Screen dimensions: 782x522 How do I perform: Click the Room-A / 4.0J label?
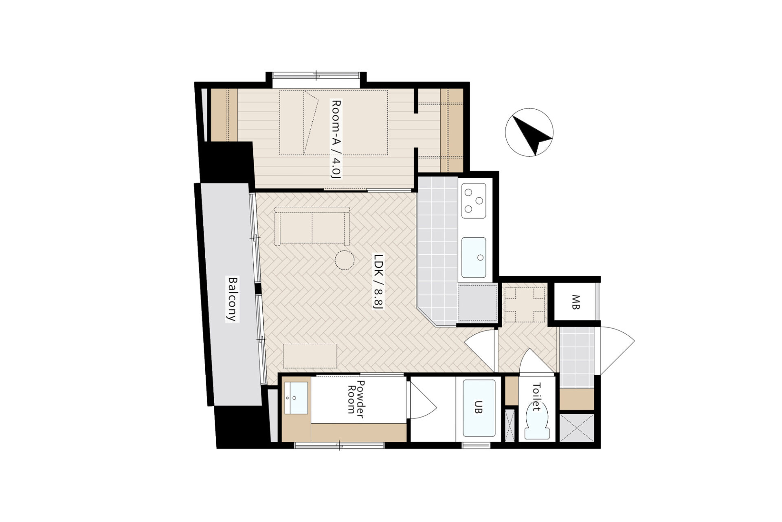pos(336,139)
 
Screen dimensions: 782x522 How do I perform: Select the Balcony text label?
pos(233,299)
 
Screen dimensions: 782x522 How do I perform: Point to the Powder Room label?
pos(356,397)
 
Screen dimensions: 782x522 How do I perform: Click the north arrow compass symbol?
pos(529,132)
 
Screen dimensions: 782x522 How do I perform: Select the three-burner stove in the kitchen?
pos(474,200)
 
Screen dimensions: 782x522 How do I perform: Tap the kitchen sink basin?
pos(474,257)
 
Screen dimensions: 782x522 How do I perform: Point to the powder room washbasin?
pos(297,398)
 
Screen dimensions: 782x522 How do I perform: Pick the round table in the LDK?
pos(345,260)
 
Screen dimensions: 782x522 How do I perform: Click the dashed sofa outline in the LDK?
pos(312,226)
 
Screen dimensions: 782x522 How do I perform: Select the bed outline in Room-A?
pos(333,122)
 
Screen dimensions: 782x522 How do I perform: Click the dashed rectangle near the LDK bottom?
pos(310,356)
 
